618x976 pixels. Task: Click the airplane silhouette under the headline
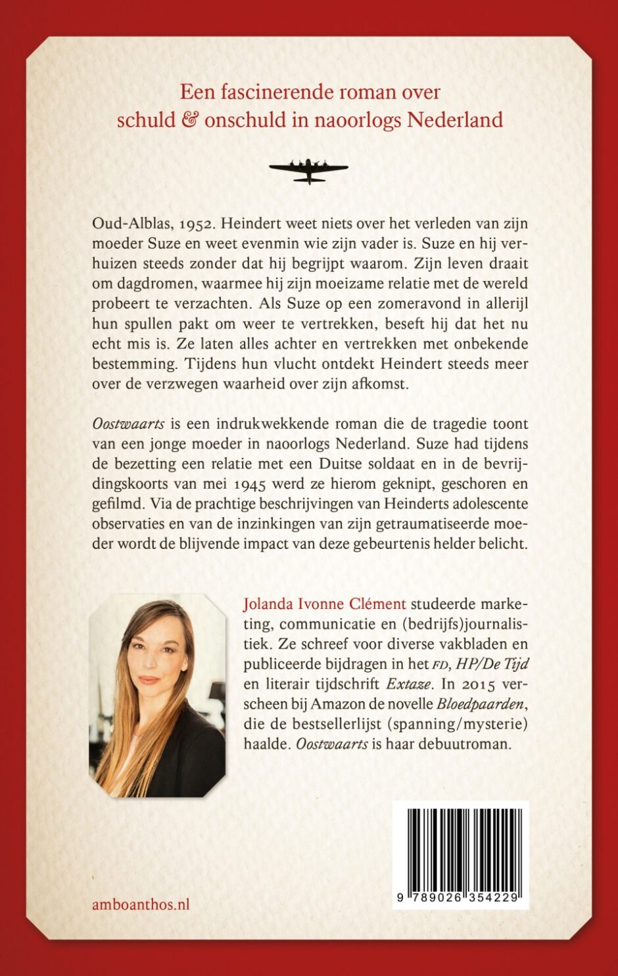coord(308,170)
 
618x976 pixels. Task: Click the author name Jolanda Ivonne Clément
coord(324,604)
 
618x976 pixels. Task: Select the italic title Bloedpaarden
coord(480,704)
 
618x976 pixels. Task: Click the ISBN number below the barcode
coord(460,897)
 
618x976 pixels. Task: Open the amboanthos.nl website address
coord(141,904)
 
